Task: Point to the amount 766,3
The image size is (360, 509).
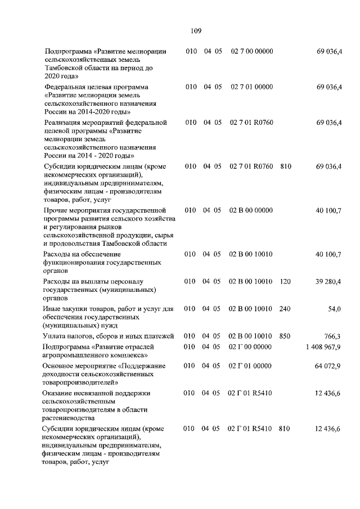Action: coord(332,336)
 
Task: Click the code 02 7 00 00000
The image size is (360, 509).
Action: coord(251,52)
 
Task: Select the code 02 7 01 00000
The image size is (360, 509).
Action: coord(251,87)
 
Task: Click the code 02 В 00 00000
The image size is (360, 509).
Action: coord(251,210)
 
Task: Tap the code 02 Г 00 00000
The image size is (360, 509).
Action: coord(250,347)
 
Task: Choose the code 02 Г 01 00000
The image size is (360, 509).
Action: coord(250,366)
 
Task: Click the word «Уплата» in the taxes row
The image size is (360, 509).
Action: coord(56,336)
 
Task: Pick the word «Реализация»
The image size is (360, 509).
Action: coord(64,122)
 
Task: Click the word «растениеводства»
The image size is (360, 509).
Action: coord(71,418)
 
